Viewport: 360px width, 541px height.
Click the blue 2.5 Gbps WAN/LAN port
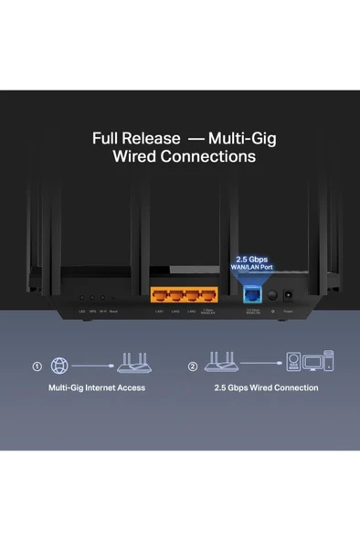tap(249, 294)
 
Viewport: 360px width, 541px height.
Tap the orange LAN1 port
tap(157, 295)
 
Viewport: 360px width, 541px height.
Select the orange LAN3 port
tap(191, 295)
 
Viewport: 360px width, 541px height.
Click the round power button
tap(271, 295)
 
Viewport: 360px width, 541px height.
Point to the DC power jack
tap(289, 295)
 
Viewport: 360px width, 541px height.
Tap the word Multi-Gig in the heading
tap(242, 139)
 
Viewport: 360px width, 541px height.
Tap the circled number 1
tap(37, 367)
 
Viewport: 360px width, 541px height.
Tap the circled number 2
tap(193, 367)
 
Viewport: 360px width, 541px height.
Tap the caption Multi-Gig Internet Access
tap(96, 388)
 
